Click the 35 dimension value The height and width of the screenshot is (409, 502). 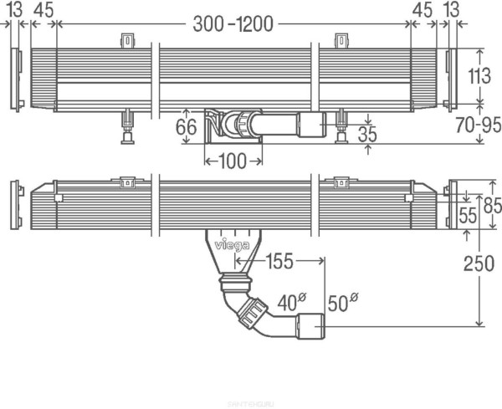point(366,134)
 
